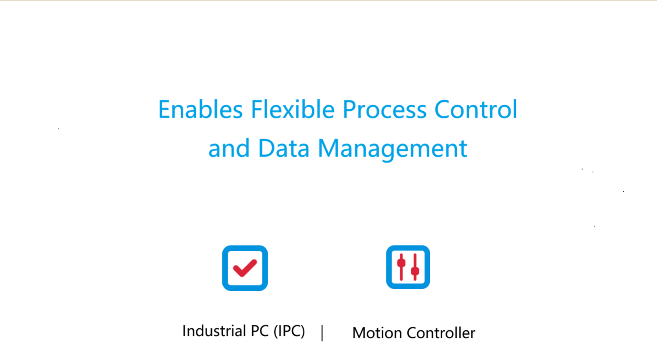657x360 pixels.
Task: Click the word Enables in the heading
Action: pos(200,109)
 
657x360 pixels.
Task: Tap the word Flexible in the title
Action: pos(293,109)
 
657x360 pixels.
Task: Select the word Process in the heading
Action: pos(384,109)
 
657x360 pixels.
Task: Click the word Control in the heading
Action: pos(475,109)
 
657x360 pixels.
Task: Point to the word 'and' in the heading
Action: pos(229,148)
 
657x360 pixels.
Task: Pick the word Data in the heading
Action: pos(283,148)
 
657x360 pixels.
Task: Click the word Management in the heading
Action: pos(393,150)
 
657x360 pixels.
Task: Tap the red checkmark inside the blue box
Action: pos(245,268)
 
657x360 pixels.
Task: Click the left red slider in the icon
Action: pos(401,267)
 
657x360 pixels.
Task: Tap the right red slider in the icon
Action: pos(415,267)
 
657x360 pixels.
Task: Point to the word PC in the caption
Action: pos(260,331)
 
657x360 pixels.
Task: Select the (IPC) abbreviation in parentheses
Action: pos(289,332)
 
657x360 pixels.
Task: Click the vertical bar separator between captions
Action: pos(322,333)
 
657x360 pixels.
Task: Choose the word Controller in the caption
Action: pos(441,333)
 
